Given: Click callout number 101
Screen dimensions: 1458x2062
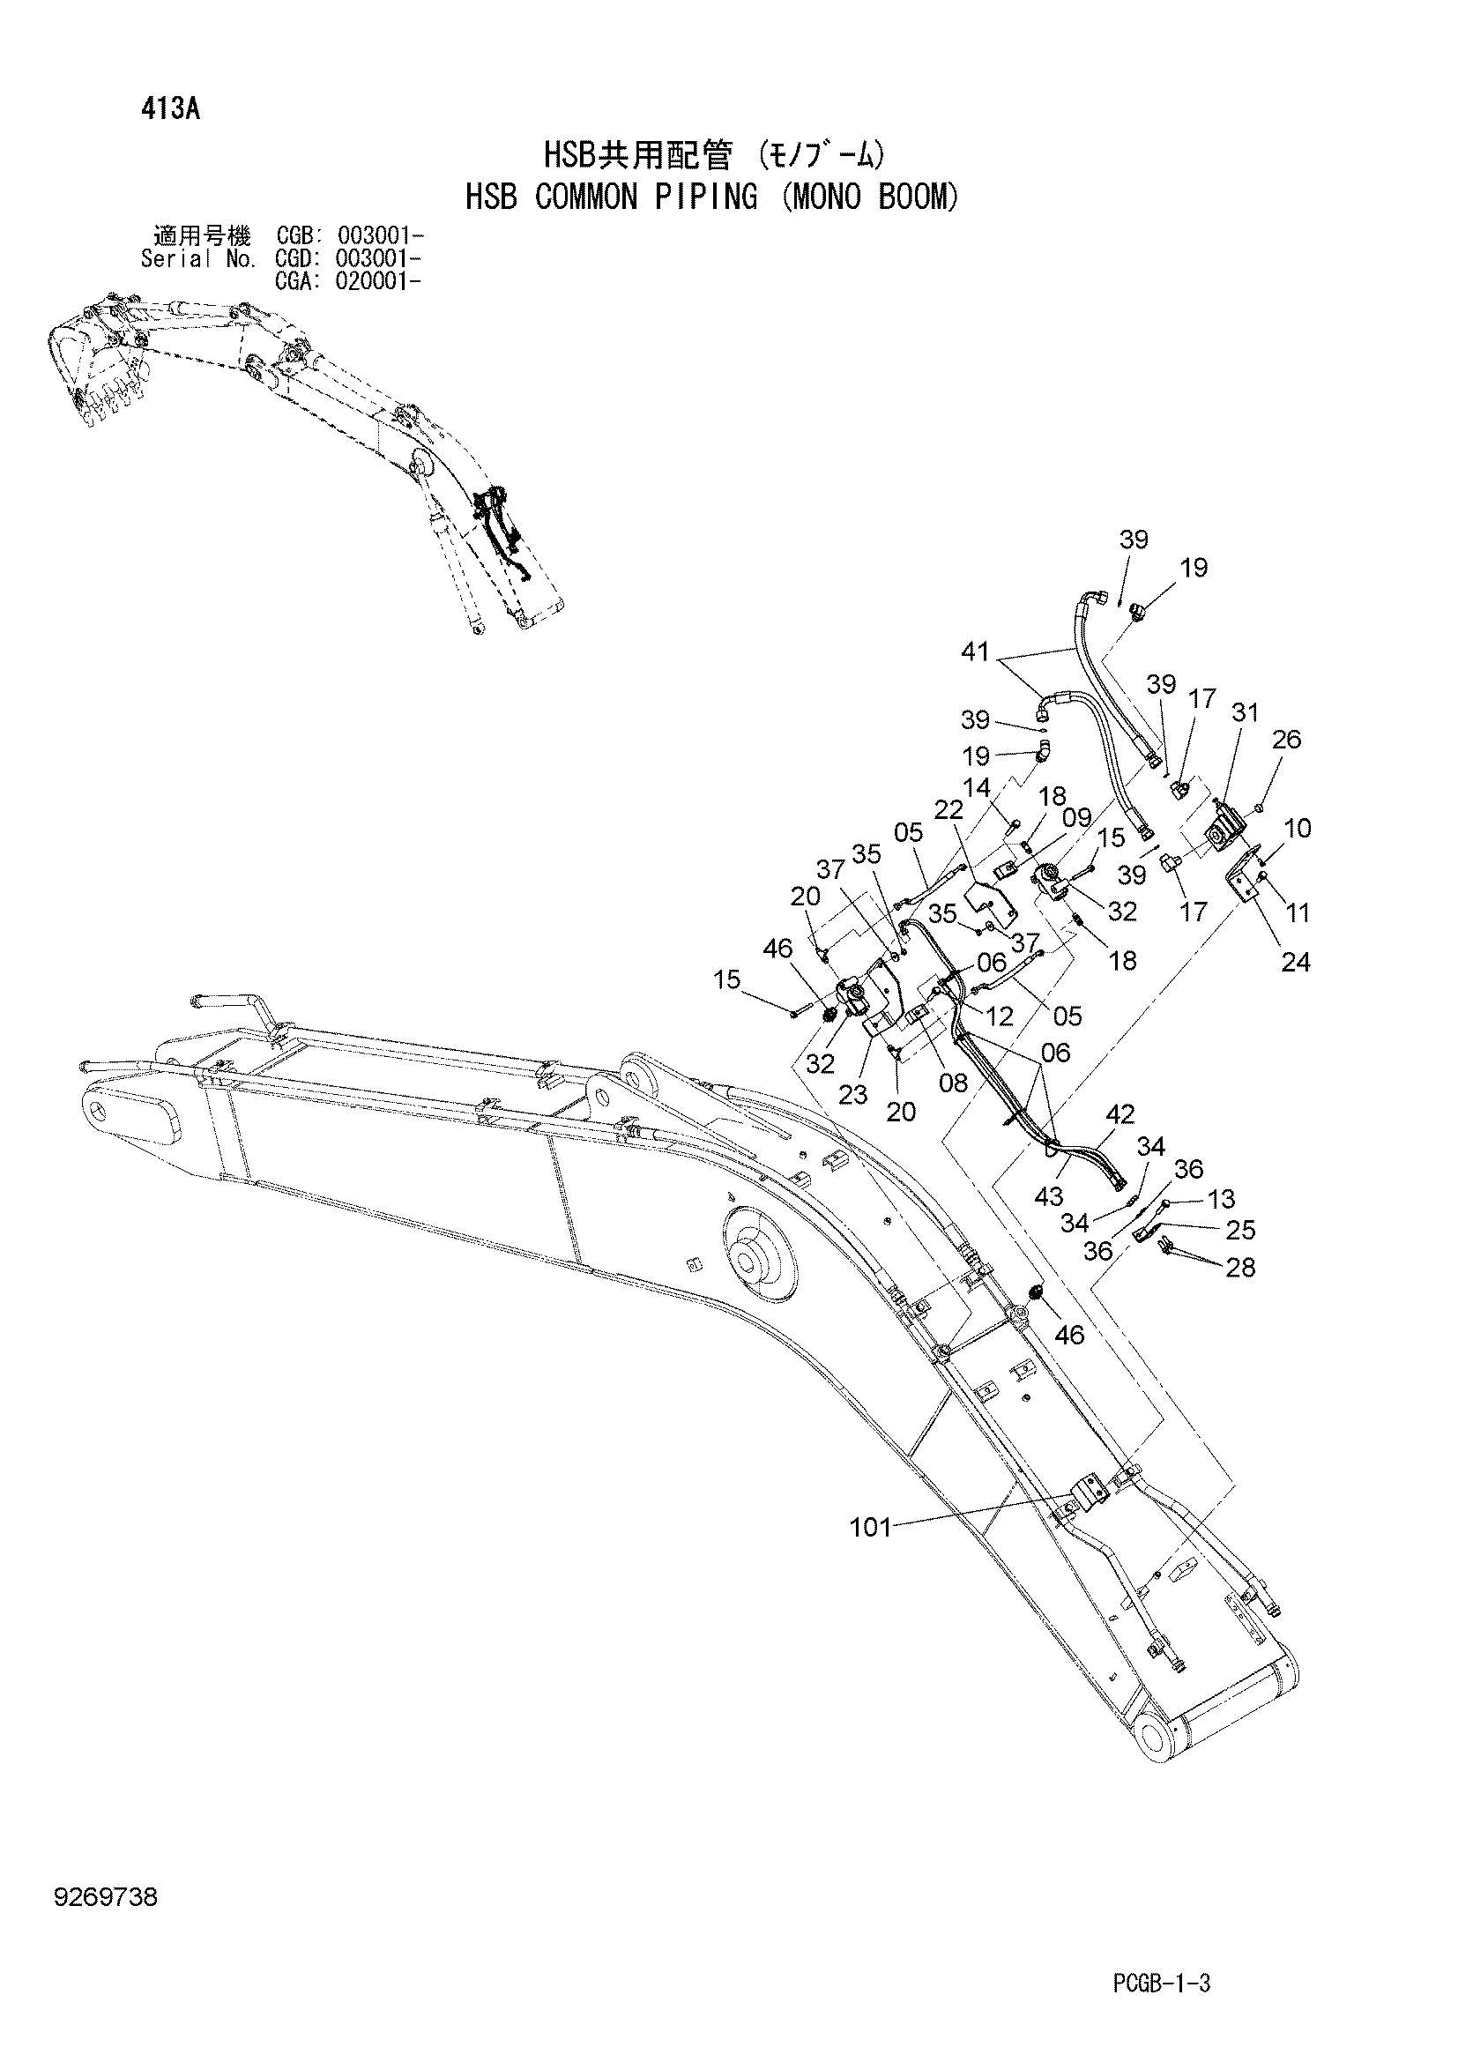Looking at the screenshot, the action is (871, 1527).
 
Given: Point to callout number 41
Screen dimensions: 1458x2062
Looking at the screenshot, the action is (975, 652).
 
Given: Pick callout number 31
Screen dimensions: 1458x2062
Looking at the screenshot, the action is (1246, 712).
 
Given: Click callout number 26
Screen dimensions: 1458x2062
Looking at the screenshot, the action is (1286, 739).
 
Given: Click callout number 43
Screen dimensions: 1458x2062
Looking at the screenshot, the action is (1049, 1196).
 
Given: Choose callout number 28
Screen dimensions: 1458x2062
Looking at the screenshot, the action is (1240, 1267).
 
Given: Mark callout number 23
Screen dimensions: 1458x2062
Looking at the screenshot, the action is (854, 1094).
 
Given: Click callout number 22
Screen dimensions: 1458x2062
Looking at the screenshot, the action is (949, 809).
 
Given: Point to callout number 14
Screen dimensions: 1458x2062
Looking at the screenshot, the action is (976, 787).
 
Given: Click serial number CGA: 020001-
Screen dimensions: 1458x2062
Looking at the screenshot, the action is (349, 281).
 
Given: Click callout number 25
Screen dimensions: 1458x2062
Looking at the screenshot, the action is (1240, 1230).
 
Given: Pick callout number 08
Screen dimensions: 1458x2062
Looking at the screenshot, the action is (953, 1083).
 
